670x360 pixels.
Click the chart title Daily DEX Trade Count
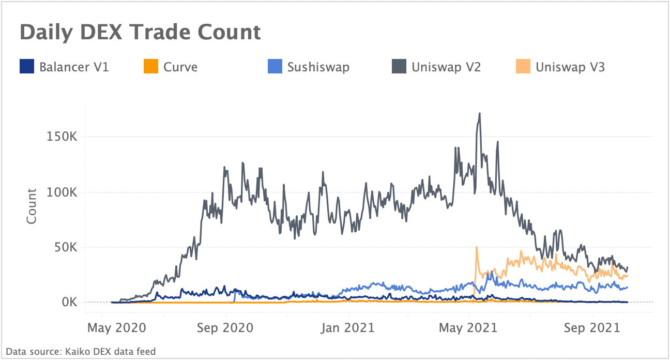tap(140, 32)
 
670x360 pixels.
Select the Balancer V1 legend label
tap(74, 67)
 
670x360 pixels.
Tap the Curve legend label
tap(180, 67)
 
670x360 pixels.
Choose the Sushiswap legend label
tap(318, 67)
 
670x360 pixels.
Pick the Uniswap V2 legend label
tap(446, 67)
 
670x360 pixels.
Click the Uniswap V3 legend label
tap(570, 67)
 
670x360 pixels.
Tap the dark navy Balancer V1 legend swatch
tap(26, 67)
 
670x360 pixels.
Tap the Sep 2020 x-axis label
tap(225, 328)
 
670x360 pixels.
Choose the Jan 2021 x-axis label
tap(349, 328)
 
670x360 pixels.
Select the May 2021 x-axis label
tap(468, 328)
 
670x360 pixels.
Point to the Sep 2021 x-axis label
tap(592, 328)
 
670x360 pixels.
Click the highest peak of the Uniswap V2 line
tap(480, 113)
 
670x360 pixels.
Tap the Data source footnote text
tap(81, 352)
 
